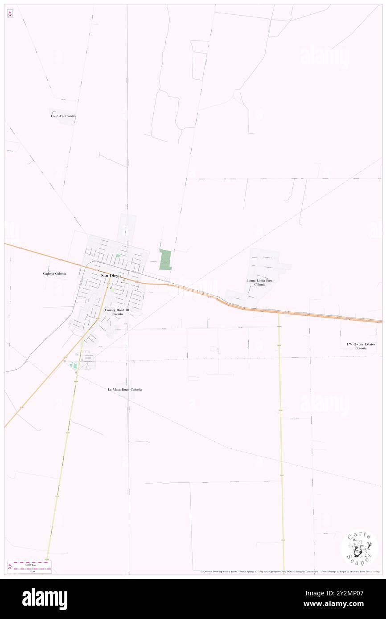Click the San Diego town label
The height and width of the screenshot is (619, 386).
coord(111,276)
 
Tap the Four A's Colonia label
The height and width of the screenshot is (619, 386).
coord(63,116)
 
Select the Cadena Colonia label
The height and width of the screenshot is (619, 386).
coord(54,273)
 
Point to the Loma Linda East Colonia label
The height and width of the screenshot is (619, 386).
coord(260,282)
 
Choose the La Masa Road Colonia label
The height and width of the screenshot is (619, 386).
coord(125,390)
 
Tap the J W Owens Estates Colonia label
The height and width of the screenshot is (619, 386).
coord(361,346)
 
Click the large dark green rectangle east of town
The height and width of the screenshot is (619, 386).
coord(165,259)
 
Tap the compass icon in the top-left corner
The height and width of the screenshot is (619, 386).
coord(10,14)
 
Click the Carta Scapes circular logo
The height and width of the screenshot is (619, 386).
coord(359,547)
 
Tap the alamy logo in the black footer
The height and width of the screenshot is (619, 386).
coord(45,599)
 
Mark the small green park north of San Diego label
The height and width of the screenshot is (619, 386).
coord(118,256)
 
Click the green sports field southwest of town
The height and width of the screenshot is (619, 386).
coord(74,366)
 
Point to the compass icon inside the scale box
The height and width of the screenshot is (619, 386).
coord(10,566)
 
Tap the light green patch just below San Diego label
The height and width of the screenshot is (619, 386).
coord(112,290)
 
